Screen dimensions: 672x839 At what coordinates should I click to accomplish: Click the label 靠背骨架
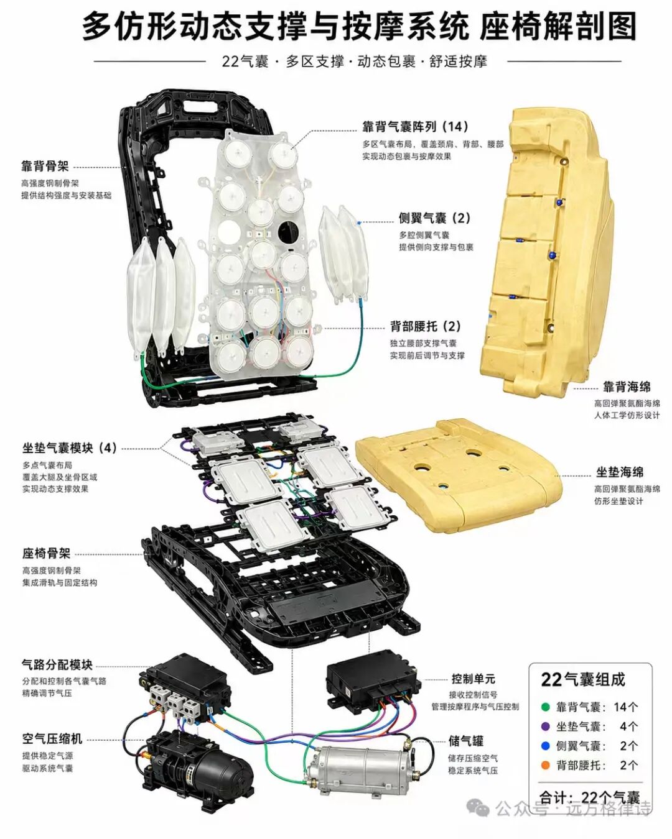click(x=45, y=167)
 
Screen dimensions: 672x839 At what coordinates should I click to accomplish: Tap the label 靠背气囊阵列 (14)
click(x=414, y=127)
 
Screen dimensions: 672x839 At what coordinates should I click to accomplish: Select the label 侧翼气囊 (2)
click(x=434, y=218)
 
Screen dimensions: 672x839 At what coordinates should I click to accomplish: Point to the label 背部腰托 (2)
click(x=426, y=326)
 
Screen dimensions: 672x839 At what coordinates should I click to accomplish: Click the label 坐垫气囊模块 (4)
click(x=70, y=448)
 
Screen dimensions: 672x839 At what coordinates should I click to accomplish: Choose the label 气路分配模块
click(x=57, y=665)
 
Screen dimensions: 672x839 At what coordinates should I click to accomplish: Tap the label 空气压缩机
click(x=52, y=739)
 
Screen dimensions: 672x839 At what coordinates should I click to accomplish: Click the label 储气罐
click(x=466, y=741)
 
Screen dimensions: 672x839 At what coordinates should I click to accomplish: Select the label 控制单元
click(x=474, y=679)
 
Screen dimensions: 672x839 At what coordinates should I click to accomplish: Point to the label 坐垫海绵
click(x=620, y=472)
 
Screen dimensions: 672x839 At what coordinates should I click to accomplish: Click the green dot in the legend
click(x=546, y=707)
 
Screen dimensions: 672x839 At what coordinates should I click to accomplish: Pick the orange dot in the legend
click(x=546, y=765)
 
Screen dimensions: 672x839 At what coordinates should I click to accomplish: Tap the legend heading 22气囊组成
click(x=583, y=679)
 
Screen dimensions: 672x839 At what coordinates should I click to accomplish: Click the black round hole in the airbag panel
click(x=287, y=231)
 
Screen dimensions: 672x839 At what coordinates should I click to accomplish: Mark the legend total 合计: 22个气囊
click(x=590, y=797)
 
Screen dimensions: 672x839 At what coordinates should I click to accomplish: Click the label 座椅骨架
click(x=46, y=553)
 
